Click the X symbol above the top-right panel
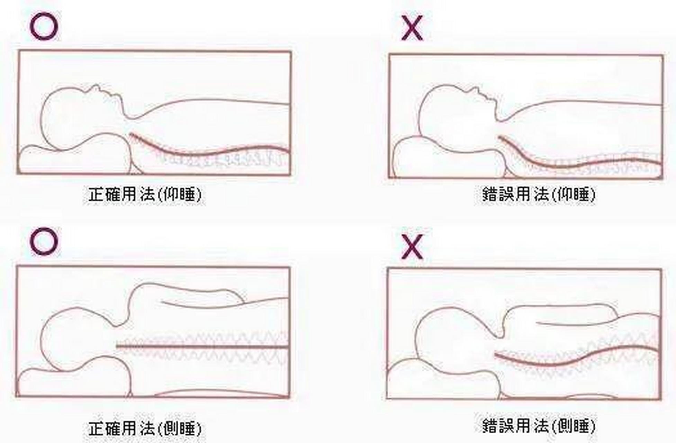(x=412, y=28)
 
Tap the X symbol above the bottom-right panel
(x=412, y=246)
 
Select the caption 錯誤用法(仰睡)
(x=539, y=195)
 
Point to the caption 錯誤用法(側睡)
(x=539, y=425)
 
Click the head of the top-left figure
(x=81, y=118)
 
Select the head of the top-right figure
(x=457, y=119)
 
